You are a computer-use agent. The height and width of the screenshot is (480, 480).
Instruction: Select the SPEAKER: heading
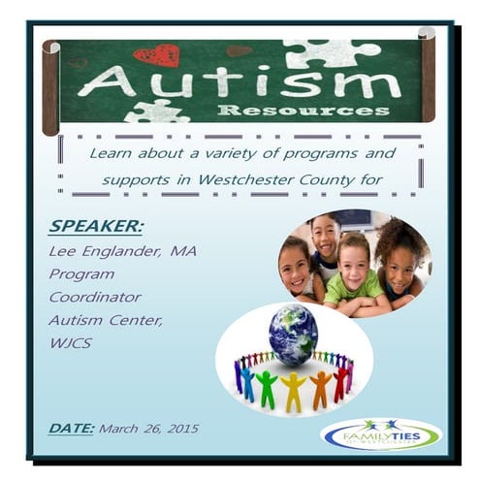click(x=95, y=226)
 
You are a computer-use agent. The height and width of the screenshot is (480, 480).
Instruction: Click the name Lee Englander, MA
click(x=122, y=250)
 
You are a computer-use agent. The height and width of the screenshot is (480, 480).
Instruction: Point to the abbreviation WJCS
click(x=70, y=342)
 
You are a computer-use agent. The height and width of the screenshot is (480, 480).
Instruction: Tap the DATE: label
click(x=71, y=427)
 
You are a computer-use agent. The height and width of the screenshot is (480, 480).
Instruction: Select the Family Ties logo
click(x=379, y=433)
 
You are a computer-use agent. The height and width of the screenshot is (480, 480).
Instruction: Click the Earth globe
click(x=293, y=335)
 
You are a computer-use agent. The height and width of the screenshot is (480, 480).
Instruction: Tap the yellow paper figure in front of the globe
click(x=293, y=391)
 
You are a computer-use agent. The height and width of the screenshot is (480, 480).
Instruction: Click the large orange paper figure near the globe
click(x=321, y=389)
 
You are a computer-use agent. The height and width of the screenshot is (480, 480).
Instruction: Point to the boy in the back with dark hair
click(x=326, y=239)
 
